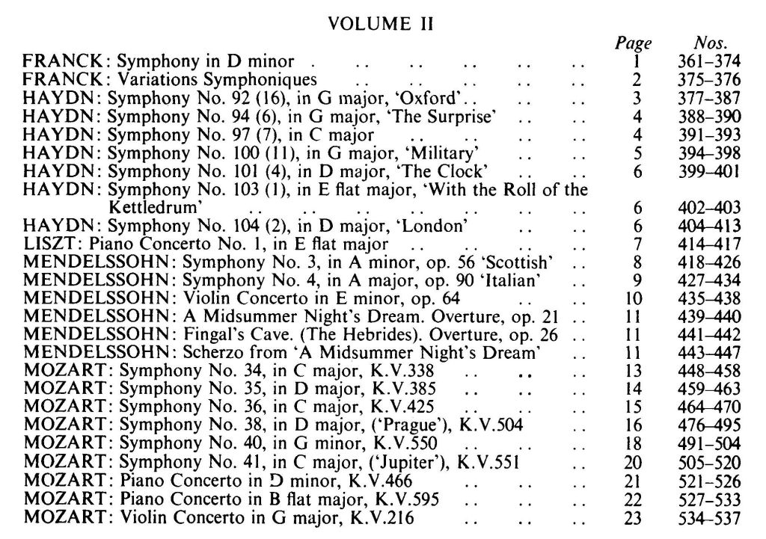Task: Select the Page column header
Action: pyautogui.click(x=637, y=43)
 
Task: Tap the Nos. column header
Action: pyautogui.click(x=711, y=43)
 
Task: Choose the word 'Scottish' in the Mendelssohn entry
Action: pyautogui.click(x=520, y=262)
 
